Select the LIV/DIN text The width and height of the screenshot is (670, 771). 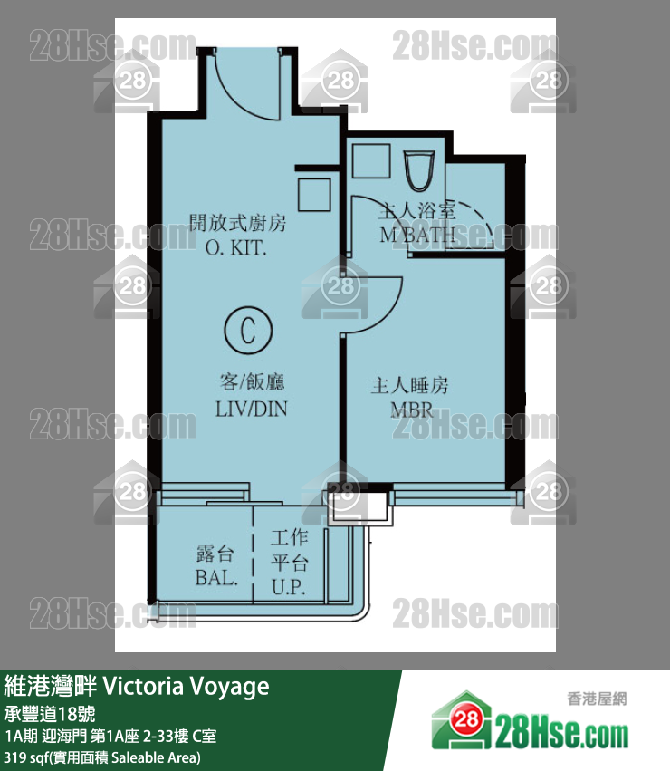251,408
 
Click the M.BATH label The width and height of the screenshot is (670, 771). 417,236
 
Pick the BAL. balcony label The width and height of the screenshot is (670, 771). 216,577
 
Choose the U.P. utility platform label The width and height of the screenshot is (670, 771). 290,587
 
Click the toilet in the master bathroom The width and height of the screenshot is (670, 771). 419,169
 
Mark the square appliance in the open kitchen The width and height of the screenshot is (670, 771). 314,195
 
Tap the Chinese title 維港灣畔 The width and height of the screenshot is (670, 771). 51,686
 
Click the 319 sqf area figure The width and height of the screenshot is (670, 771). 27,757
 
